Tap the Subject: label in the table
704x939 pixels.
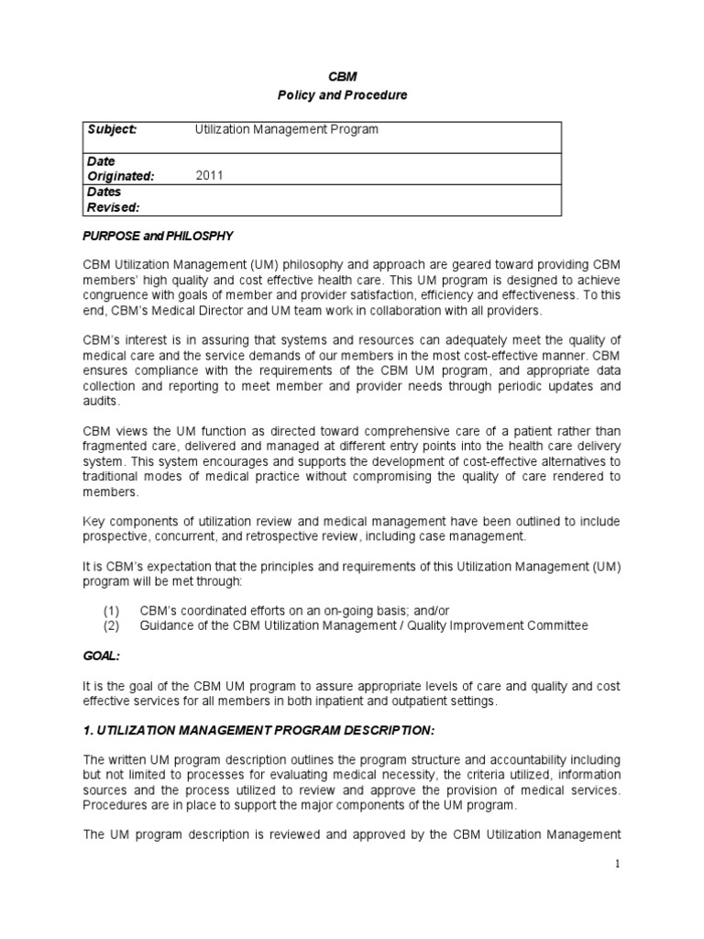coord(111,130)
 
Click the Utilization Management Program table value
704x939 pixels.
coord(286,130)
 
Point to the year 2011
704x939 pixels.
coord(210,176)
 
